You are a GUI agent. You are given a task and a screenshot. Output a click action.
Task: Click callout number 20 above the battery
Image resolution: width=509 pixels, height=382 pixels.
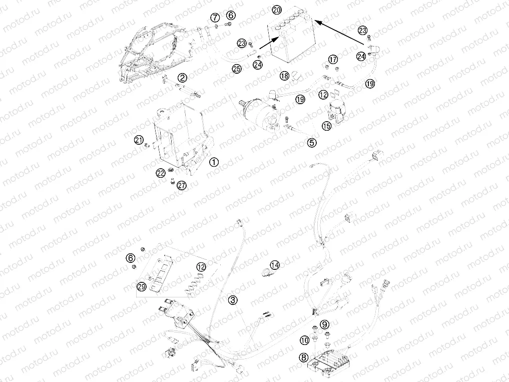[x=277, y=10]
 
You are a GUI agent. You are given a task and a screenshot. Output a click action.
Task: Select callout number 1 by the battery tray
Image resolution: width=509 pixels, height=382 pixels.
[x=214, y=162]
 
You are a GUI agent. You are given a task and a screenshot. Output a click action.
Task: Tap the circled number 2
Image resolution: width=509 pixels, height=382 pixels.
[x=182, y=77]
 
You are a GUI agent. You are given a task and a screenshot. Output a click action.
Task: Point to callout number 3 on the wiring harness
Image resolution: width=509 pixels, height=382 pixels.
[x=233, y=300]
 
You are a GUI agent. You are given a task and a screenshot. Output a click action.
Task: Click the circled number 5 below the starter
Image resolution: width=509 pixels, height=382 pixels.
[x=312, y=143]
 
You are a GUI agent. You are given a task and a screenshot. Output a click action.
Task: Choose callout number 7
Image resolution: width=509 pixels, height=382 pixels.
[x=214, y=19]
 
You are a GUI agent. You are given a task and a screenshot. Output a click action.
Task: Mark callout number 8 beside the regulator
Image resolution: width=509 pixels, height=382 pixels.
[x=303, y=357]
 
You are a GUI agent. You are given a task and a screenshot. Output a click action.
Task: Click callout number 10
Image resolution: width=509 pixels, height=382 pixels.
[x=304, y=340]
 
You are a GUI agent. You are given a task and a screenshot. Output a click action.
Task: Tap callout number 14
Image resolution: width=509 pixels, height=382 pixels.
[x=275, y=265]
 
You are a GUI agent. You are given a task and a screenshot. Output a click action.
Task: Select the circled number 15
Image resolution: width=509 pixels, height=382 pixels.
[x=326, y=126]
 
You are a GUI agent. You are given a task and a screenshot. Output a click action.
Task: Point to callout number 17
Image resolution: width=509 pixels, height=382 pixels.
[x=333, y=59]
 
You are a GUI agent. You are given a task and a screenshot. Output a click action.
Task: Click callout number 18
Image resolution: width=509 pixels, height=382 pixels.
[x=284, y=76]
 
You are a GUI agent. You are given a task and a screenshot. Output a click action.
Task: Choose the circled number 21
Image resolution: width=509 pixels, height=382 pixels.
[x=138, y=140]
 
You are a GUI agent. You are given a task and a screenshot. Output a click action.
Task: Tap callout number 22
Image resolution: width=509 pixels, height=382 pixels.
[x=160, y=173]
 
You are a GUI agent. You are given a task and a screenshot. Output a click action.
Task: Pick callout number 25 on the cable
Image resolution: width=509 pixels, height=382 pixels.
[x=236, y=69]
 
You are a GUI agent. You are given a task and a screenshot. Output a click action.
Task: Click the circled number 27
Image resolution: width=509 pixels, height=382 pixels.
[x=181, y=185]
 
